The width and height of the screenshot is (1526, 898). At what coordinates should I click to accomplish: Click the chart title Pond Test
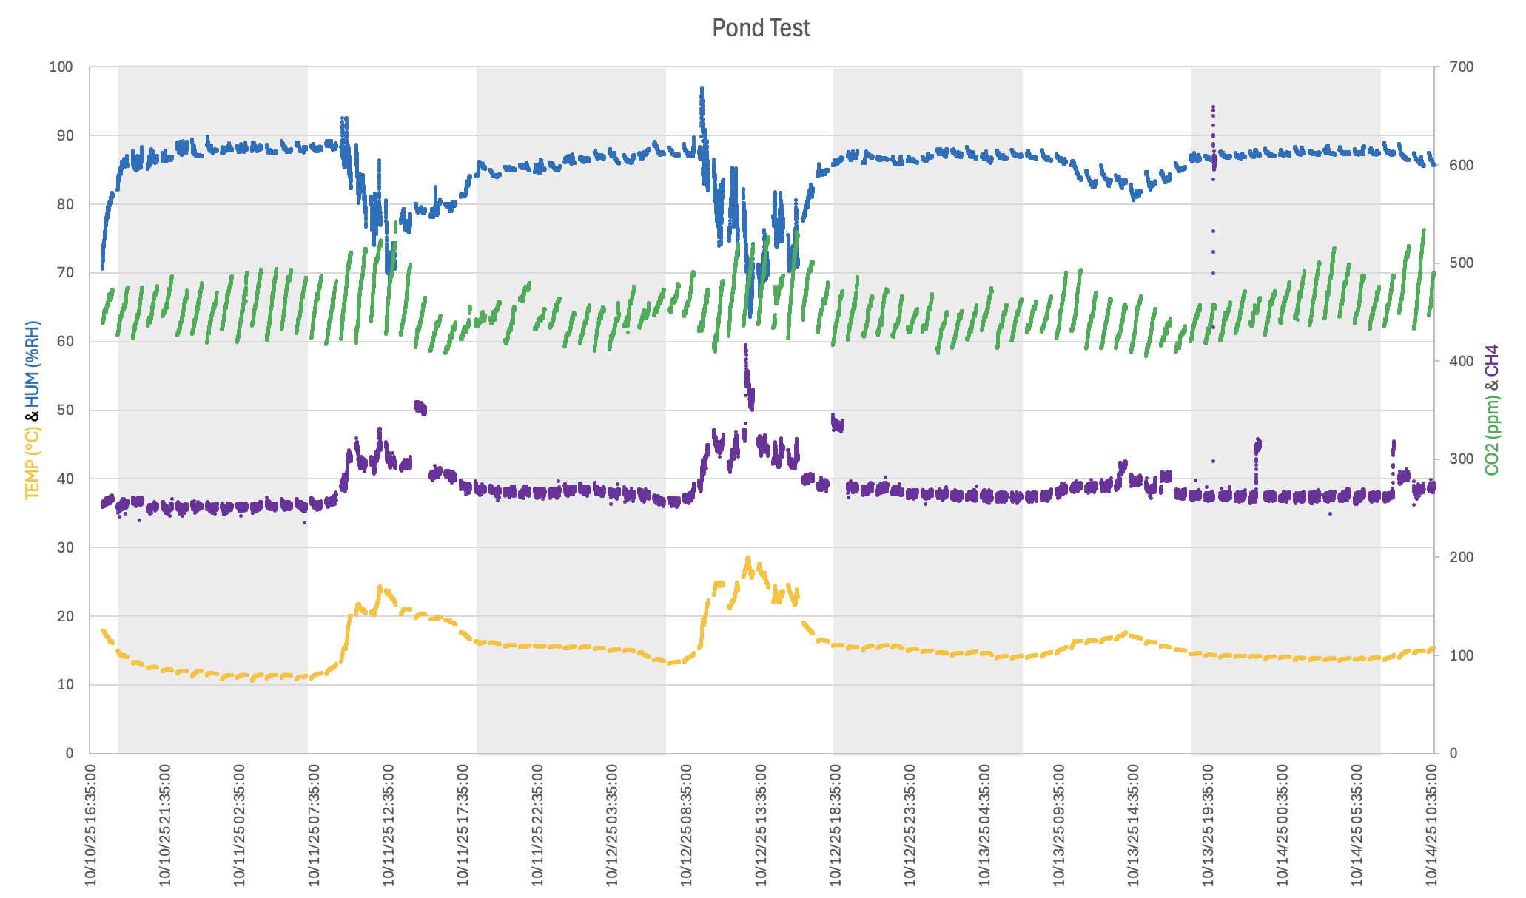(761, 28)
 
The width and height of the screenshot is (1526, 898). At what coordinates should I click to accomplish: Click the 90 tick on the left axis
(61, 135)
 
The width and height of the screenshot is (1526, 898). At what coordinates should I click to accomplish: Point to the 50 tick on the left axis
(61, 410)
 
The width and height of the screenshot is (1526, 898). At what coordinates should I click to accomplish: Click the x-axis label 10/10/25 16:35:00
(91, 825)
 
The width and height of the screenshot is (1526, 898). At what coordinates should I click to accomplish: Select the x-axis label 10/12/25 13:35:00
(762, 825)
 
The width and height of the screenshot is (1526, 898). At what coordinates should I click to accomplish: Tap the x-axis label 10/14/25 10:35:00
(1432, 825)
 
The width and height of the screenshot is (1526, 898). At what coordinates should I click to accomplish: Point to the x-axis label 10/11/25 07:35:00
(315, 825)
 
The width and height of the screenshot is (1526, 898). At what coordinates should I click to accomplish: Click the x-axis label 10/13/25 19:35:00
(1209, 825)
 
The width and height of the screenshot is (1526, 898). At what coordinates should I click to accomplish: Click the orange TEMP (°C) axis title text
(32, 463)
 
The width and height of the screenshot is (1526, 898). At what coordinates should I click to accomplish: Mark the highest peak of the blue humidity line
(702, 88)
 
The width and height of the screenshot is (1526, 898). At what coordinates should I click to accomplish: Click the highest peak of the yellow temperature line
(747, 558)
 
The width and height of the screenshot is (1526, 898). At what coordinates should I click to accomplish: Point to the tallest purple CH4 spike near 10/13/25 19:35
(1213, 107)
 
